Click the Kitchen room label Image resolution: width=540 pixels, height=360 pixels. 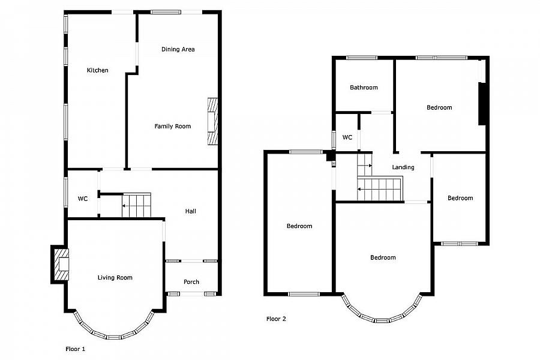97,70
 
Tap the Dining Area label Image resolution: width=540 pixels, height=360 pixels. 178,49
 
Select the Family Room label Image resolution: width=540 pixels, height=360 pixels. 173,127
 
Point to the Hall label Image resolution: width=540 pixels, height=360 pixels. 190,211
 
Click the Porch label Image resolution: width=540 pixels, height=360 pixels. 191,282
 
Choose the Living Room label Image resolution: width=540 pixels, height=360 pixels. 115,278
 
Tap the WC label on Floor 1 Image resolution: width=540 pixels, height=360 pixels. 83,199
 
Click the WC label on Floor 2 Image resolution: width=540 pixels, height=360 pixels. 347,137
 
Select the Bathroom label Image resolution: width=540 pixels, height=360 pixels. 364,88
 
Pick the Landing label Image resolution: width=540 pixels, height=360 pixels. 403,167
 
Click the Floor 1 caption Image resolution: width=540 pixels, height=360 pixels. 76,349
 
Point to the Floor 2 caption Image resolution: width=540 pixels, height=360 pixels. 276,319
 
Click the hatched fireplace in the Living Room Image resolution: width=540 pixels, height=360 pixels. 62,264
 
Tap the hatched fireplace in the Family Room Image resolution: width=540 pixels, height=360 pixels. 212,122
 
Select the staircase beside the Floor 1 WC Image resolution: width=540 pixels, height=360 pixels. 136,205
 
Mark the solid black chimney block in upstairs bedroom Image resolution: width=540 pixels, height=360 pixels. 482,104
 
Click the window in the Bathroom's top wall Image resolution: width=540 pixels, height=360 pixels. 362,58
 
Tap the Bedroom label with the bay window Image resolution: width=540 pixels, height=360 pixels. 383,257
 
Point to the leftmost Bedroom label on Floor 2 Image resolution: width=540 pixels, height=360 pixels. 299,226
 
